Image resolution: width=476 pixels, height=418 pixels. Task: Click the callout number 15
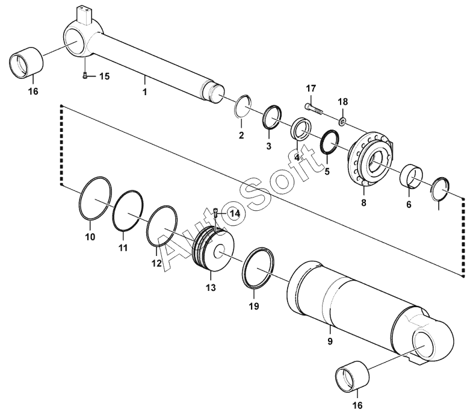point(105,76)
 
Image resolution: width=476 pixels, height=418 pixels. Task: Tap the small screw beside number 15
point(85,76)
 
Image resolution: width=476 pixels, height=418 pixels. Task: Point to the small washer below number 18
point(342,122)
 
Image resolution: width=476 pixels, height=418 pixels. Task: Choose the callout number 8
point(363,202)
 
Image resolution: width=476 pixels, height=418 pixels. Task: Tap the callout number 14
point(235,214)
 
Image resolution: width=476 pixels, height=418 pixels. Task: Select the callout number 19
point(254,306)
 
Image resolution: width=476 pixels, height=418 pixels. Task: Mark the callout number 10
point(90,237)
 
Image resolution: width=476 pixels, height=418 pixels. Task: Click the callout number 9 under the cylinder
point(330,341)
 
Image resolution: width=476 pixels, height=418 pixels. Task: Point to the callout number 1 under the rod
point(145,92)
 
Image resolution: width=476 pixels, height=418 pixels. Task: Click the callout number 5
point(327,172)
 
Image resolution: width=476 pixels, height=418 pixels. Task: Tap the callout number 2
point(241,135)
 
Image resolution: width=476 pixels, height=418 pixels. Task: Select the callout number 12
point(156,263)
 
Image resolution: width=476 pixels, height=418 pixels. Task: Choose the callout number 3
point(268,146)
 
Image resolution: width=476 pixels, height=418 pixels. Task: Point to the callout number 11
point(123,248)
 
